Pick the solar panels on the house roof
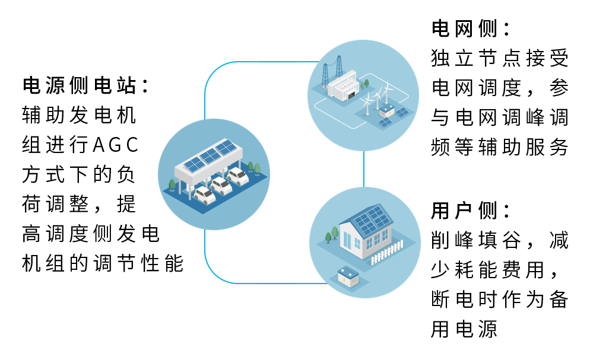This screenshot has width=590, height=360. pos(369,220)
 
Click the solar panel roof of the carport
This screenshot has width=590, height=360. pos(208,155)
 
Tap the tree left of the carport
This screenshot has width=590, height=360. pos(173,184)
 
